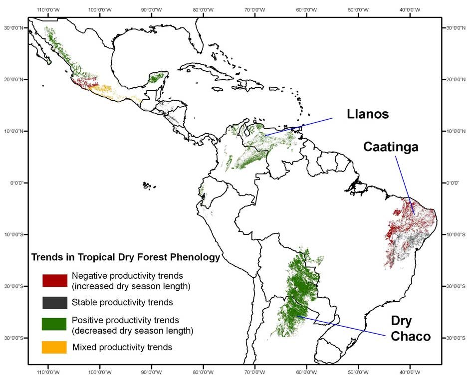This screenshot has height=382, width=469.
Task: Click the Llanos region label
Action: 368,115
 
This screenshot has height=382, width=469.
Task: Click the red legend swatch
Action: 54,280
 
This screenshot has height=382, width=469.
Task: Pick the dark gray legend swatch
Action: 54,302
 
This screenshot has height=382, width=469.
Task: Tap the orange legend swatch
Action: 54,347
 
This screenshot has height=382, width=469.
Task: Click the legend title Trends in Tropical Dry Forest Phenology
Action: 125,258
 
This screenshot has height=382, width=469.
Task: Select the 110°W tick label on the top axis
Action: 48,9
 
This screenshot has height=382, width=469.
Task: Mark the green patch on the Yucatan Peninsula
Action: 157,77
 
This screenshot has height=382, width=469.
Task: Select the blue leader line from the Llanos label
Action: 299,127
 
